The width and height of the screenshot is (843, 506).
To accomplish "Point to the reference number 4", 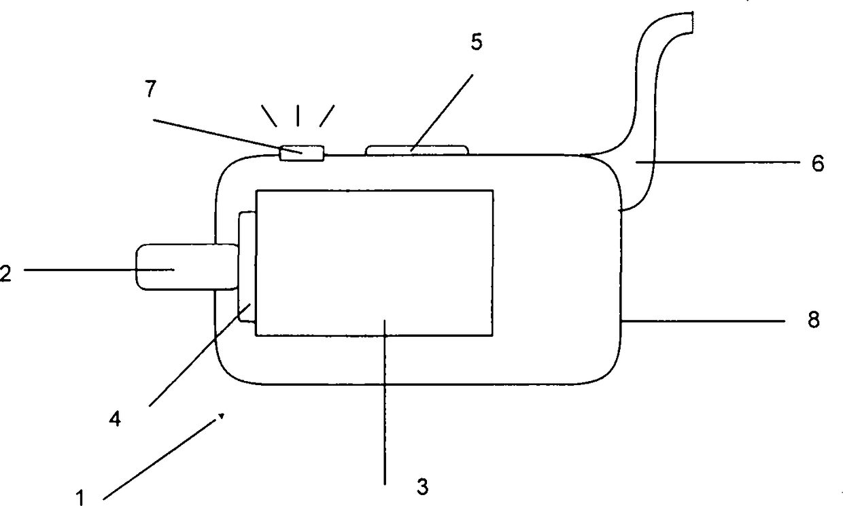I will click(x=115, y=420).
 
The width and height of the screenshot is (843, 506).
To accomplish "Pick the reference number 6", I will click(x=818, y=163).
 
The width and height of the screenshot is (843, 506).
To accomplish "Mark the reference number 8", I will click(x=814, y=319).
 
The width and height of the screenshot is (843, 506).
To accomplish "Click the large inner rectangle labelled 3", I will click(x=374, y=261).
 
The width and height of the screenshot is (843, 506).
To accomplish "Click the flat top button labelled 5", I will click(x=417, y=149).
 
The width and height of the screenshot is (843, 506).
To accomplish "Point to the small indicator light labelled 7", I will click(x=301, y=153).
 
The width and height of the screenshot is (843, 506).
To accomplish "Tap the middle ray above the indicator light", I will click(x=298, y=116).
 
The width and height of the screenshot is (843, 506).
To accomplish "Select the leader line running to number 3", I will click(x=385, y=408).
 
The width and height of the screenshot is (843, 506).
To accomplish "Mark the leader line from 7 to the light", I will click(x=218, y=134).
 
